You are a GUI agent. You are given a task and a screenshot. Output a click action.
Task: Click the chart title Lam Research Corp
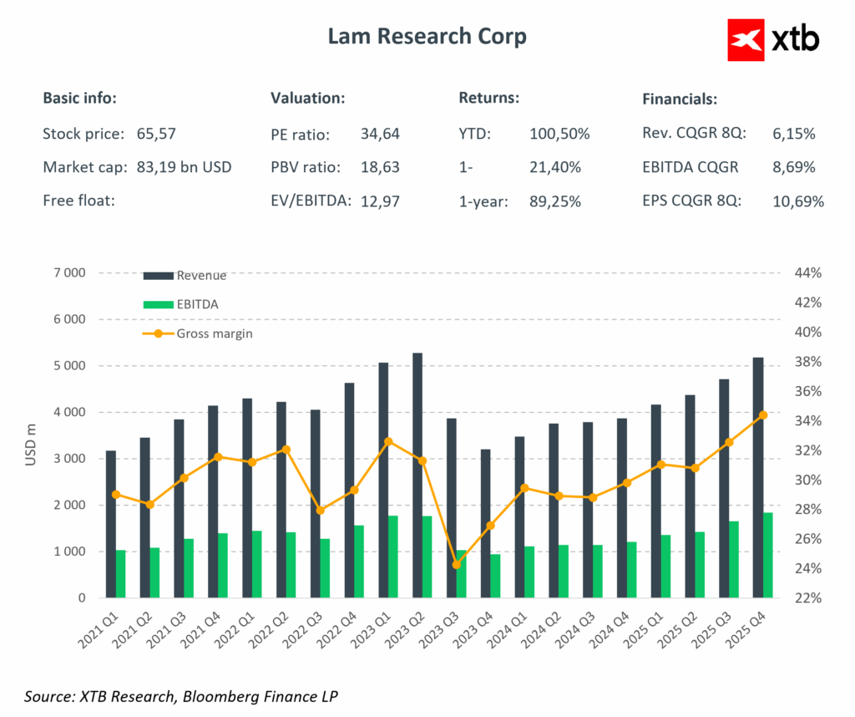427,37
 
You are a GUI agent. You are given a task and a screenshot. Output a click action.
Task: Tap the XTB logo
773,38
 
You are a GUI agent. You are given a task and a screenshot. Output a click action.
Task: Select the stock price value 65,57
156,133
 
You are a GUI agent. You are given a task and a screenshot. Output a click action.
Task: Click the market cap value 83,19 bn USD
184,167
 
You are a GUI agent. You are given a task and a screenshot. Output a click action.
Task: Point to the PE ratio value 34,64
380,133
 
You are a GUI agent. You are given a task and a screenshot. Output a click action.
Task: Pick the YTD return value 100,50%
559,133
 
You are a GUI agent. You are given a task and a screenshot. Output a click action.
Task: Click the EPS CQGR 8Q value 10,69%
798,201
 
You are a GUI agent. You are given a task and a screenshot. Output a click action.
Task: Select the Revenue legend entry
200,276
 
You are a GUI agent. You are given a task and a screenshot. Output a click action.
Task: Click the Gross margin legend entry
214,333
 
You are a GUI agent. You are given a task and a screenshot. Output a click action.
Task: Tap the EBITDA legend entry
197,305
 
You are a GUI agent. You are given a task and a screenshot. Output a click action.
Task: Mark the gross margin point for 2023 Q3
456,565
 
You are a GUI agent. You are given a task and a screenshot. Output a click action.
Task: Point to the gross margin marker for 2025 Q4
763,414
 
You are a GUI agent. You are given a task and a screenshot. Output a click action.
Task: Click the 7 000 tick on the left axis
69,273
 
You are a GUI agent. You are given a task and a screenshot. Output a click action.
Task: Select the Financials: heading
680,99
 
